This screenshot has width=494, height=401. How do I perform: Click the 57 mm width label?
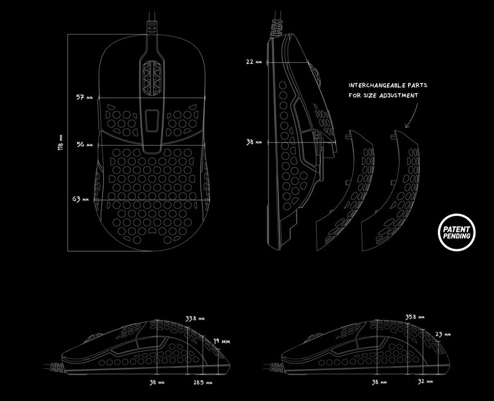click(x=84, y=98)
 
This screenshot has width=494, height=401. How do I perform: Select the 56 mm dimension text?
click(x=84, y=144)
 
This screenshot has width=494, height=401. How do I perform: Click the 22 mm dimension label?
click(x=254, y=62)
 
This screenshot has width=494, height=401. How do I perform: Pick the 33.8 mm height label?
click(x=195, y=319)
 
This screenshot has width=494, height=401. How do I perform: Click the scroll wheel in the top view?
click(x=151, y=78)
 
